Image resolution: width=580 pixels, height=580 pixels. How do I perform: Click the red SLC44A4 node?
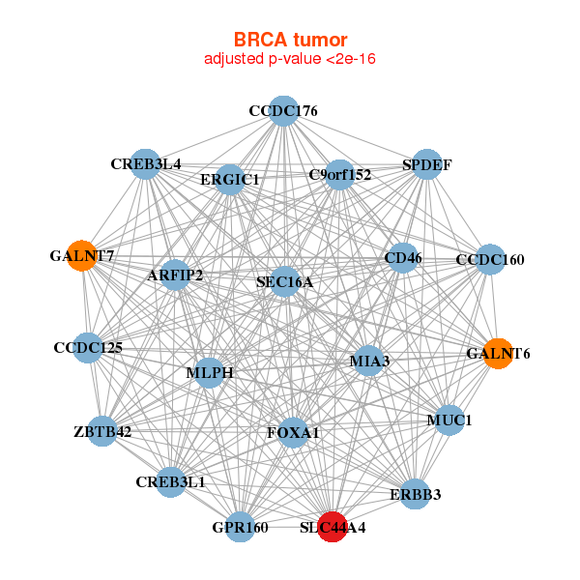(332, 527)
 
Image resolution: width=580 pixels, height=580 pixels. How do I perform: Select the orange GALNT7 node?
(82, 256)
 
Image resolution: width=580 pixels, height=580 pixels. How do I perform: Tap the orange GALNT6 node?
(497, 353)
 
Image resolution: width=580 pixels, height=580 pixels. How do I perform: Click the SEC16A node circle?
(284, 281)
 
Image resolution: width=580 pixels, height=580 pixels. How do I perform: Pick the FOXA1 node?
(293, 433)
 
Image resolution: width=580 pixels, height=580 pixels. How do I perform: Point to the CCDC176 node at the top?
(282, 111)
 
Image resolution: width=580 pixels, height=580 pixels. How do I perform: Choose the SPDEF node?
(426, 164)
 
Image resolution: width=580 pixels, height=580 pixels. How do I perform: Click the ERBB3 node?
(415, 494)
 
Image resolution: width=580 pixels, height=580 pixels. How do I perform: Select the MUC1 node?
(447, 420)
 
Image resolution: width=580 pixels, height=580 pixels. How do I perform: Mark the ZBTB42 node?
(102, 431)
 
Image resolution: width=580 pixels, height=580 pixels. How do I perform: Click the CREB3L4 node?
(146, 164)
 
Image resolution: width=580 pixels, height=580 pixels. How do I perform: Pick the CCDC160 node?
(490, 259)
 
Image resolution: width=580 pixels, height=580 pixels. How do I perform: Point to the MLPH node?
(210, 372)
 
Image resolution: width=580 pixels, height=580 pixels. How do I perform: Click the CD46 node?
(402, 257)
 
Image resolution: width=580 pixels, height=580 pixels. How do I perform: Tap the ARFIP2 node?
(175, 275)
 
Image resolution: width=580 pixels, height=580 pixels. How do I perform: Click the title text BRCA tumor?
(289, 39)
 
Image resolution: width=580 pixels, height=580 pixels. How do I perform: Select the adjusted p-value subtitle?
(289, 59)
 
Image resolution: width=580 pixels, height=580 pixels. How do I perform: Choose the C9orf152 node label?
(339, 175)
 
